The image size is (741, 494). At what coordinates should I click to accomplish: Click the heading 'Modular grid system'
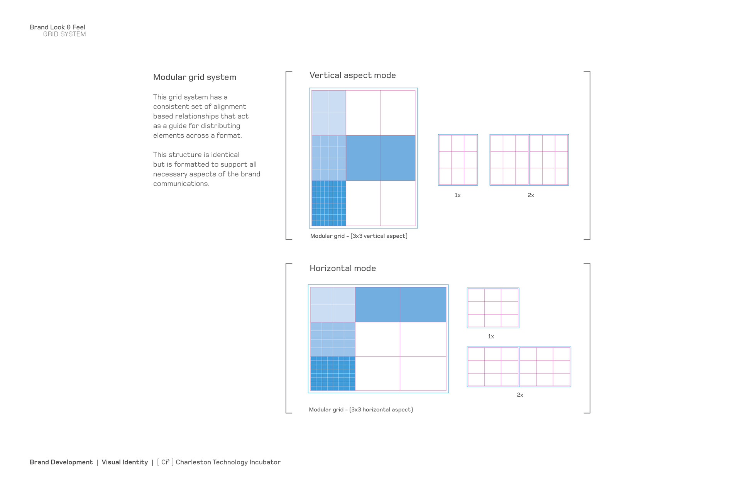pyautogui.click(x=195, y=77)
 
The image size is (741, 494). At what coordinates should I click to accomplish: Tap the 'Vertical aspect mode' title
pyautogui.click(x=352, y=75)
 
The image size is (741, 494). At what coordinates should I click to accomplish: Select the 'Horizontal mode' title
pyautogui.click(x=342, y=268)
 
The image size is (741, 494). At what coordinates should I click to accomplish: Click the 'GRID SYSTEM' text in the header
pyautogui.click(x=64, y=34)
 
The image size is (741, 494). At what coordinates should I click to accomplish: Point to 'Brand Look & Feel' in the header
pyautogui.click(x=57, y=27)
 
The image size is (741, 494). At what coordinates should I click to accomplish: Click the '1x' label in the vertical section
pyautogui.click(x=457, y=195)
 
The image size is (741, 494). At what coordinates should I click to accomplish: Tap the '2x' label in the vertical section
pyautogui.click(x=531, y=195)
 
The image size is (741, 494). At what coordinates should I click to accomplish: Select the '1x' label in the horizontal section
pyautogui.click(x=491, y=337)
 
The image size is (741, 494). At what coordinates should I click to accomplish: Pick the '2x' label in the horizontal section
pyautogui.click(x=520, y=395)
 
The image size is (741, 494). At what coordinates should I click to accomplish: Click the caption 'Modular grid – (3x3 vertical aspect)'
pyautogui.click(x=359, y=236)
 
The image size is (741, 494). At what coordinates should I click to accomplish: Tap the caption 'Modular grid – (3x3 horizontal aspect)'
pyautogui.click(x=360, y=409)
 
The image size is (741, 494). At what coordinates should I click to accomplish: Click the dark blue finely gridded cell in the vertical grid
pyautogui.click(x=329, y=203)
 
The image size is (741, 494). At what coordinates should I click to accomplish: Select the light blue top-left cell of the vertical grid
pyautogui.click(x=329, y=113)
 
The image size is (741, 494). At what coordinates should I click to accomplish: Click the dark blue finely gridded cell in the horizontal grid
pyautogui.click(x=333, y=373)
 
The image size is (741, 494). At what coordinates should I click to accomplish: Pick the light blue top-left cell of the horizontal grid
pyautogui.click(x=333, y=305)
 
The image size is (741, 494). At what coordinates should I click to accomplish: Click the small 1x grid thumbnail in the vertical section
pyautogui.click(x=458, y=160)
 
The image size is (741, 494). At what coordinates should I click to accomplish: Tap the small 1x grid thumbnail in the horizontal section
pyautogui.click(x=493, y=308)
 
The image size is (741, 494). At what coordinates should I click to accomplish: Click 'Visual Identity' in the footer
pyautogui.click(x=125, y=462)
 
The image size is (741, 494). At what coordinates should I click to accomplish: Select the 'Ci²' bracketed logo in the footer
pyautogui.click(x=165, y=462)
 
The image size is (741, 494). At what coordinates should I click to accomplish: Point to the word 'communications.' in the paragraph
pyautogui.click(x=181, y=184)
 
